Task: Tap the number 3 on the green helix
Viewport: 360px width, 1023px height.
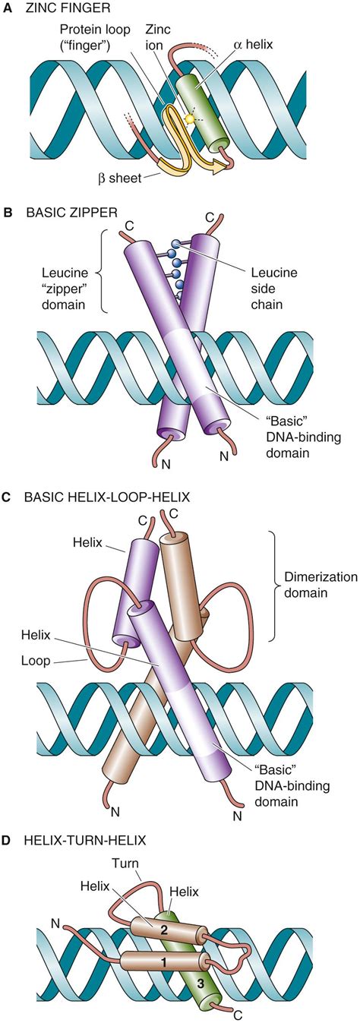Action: (200, 979)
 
